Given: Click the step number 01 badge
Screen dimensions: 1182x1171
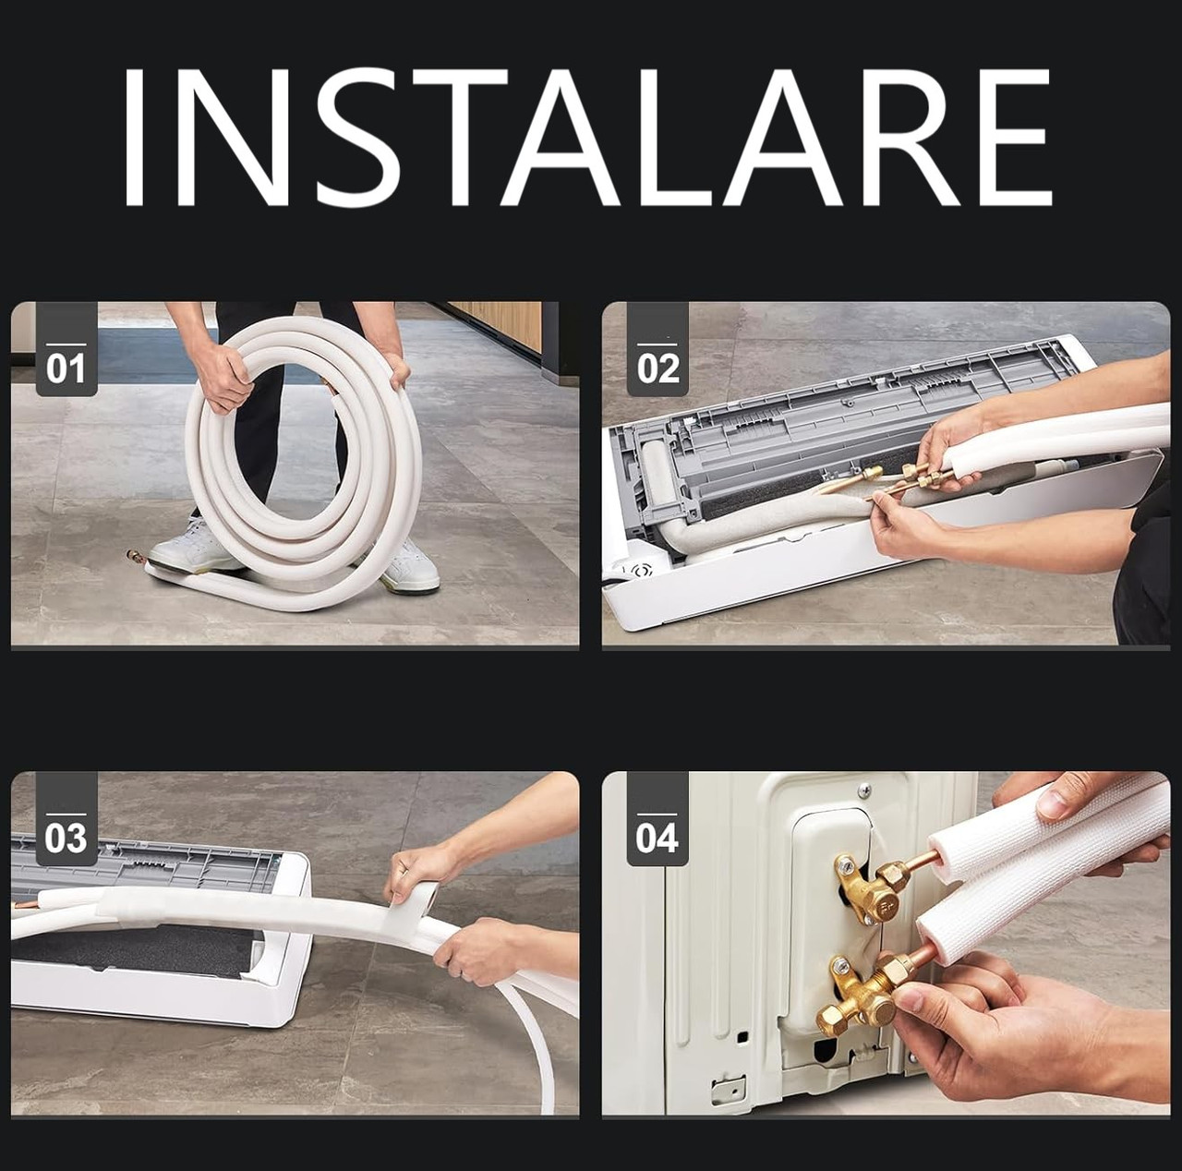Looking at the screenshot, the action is [x=66, y=348].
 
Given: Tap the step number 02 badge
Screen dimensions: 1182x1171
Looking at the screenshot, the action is [x=657, y=348].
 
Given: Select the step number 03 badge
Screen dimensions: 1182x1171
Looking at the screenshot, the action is [x=66, y=819].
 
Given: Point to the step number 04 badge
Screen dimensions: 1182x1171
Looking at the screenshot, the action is [x=657, y=819].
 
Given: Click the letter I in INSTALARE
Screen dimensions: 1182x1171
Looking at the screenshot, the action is [x=134, y=137].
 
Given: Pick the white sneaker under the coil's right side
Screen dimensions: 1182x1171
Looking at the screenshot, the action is [x=408, y=564].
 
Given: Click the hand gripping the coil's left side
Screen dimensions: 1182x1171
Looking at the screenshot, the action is [x=221, y=379].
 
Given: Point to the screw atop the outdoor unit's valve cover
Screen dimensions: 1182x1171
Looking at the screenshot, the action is [x=864, y=789].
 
